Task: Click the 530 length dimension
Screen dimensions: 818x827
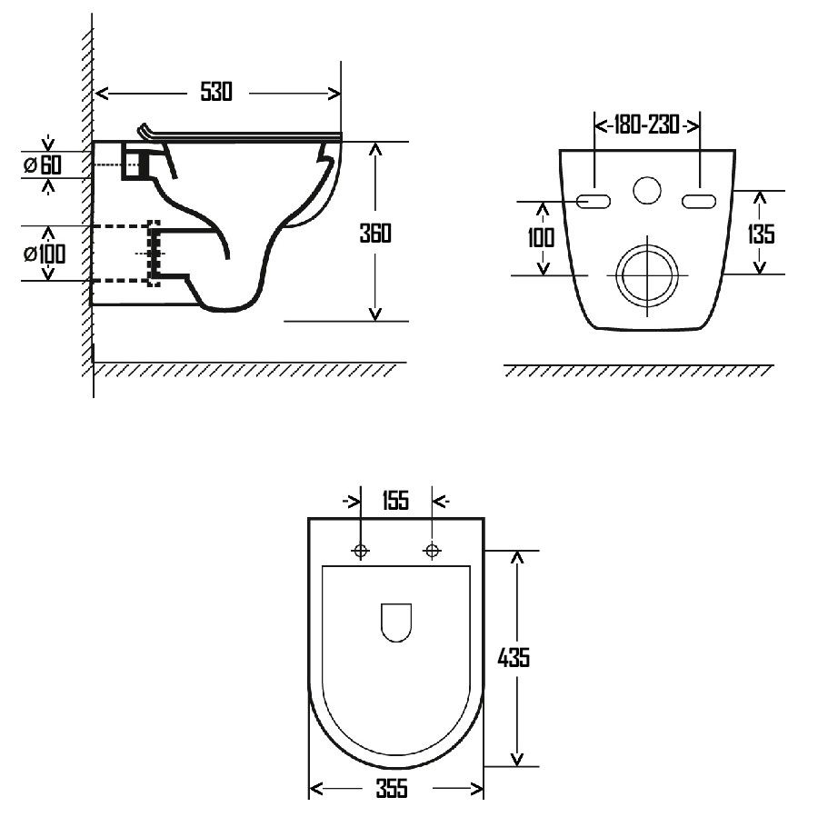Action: coord(216,92)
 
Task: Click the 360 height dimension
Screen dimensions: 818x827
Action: coord(375,234)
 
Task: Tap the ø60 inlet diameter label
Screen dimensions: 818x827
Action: coord(43,165)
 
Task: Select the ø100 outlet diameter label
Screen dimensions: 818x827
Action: coord(45,254)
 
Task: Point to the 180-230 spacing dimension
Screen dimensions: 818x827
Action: coord(646,125)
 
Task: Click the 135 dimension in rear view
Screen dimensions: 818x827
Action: coord(761,234)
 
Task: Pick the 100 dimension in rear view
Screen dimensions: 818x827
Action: coord(541,237)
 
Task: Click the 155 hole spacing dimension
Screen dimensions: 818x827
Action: coord(395,500)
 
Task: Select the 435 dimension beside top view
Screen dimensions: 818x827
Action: coord(514,657)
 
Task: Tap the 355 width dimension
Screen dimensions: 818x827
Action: coord(392,789)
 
